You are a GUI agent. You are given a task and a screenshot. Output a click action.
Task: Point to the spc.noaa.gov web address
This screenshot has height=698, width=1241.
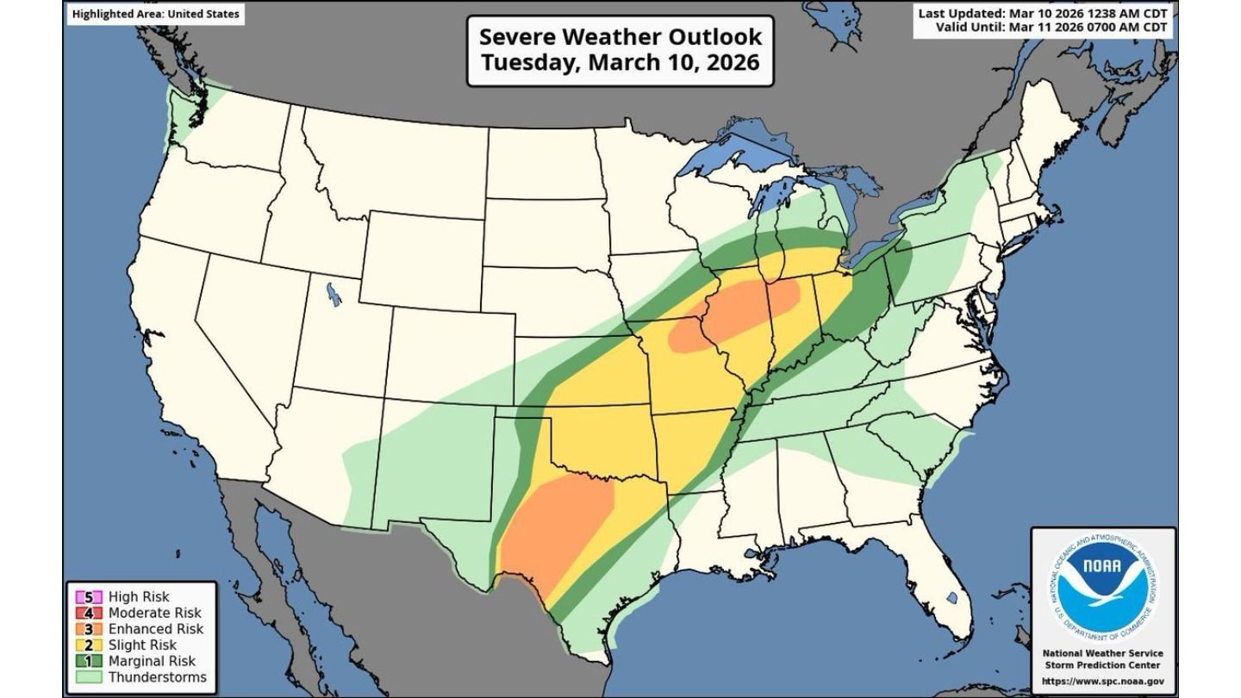(1103, 682)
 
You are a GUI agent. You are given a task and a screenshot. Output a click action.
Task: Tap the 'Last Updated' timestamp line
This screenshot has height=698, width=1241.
(1043, 14)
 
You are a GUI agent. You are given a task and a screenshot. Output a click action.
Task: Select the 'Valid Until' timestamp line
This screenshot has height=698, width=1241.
(1051, 28)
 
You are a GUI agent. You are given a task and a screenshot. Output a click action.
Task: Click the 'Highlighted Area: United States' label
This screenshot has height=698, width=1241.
(156, 14)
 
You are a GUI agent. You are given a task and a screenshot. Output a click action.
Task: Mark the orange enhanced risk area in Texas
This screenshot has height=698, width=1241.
(556, 526)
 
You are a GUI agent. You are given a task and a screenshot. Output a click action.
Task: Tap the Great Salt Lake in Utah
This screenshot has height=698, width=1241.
(333, 296)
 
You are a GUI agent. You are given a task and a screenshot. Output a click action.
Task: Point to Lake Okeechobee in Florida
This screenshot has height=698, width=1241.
(951, 597)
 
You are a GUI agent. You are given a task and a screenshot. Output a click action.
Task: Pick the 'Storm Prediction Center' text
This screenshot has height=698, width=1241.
(1103, 665)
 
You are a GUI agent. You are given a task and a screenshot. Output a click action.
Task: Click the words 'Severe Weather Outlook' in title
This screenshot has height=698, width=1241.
(620, 37)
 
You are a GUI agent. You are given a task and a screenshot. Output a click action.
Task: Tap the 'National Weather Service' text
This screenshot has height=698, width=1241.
(1103, 654)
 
